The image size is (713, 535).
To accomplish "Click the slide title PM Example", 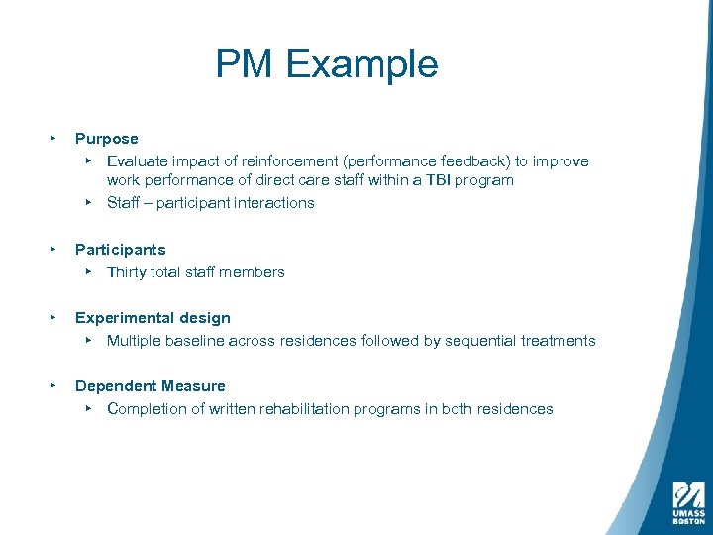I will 327,65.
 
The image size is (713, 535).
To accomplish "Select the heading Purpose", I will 106,139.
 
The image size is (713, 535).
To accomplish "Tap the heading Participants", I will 120,250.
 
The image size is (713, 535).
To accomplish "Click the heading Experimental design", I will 153,318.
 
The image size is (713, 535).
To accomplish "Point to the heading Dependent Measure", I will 150,386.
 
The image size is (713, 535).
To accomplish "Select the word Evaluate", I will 139,161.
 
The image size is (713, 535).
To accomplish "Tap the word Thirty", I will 129,272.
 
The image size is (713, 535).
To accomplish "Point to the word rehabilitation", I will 309,409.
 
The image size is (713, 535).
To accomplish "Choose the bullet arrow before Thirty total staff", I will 88,272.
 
